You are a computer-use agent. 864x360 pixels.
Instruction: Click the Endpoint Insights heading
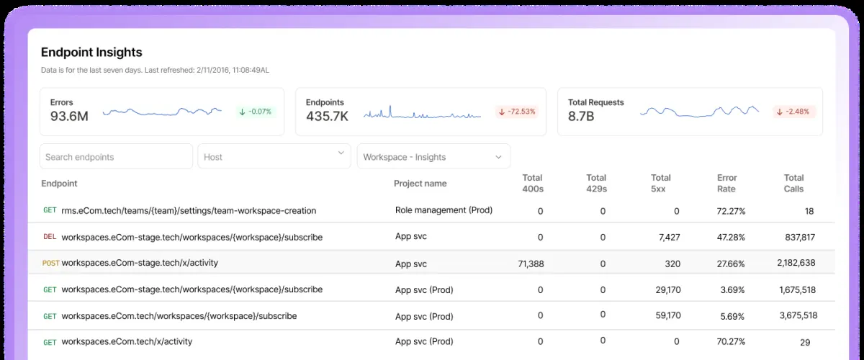(91, 52)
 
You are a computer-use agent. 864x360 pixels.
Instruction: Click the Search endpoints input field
(116, 156)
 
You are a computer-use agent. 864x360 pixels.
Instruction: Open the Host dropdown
(274, 156)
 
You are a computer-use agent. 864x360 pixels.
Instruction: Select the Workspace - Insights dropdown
(433, 156)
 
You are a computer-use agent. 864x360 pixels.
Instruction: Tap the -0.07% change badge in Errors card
(256, 112)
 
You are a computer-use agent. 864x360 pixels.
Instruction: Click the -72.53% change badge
(517, 112)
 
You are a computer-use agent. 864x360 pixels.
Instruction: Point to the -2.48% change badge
(794, 112)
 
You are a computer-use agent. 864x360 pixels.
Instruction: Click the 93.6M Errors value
(69, 116)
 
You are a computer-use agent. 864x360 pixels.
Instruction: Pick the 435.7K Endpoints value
(327, 116)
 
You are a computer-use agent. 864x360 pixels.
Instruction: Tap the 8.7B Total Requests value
(581, 116)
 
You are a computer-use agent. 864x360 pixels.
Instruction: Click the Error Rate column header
(726, 184)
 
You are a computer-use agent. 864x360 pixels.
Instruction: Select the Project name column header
(420, 184)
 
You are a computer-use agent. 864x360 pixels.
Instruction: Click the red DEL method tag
(50, 237)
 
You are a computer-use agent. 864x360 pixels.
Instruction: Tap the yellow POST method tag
(50, 263)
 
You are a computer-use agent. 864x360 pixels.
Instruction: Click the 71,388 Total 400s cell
(531, 264)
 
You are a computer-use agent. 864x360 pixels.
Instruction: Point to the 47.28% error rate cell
(731, 238)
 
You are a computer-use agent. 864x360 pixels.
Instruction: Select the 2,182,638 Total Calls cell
(796, 263)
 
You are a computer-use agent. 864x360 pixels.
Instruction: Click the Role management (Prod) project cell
(444, 210)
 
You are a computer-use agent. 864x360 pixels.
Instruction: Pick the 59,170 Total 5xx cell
(668, 315)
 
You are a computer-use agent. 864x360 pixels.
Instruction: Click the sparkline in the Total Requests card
(699, 112)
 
